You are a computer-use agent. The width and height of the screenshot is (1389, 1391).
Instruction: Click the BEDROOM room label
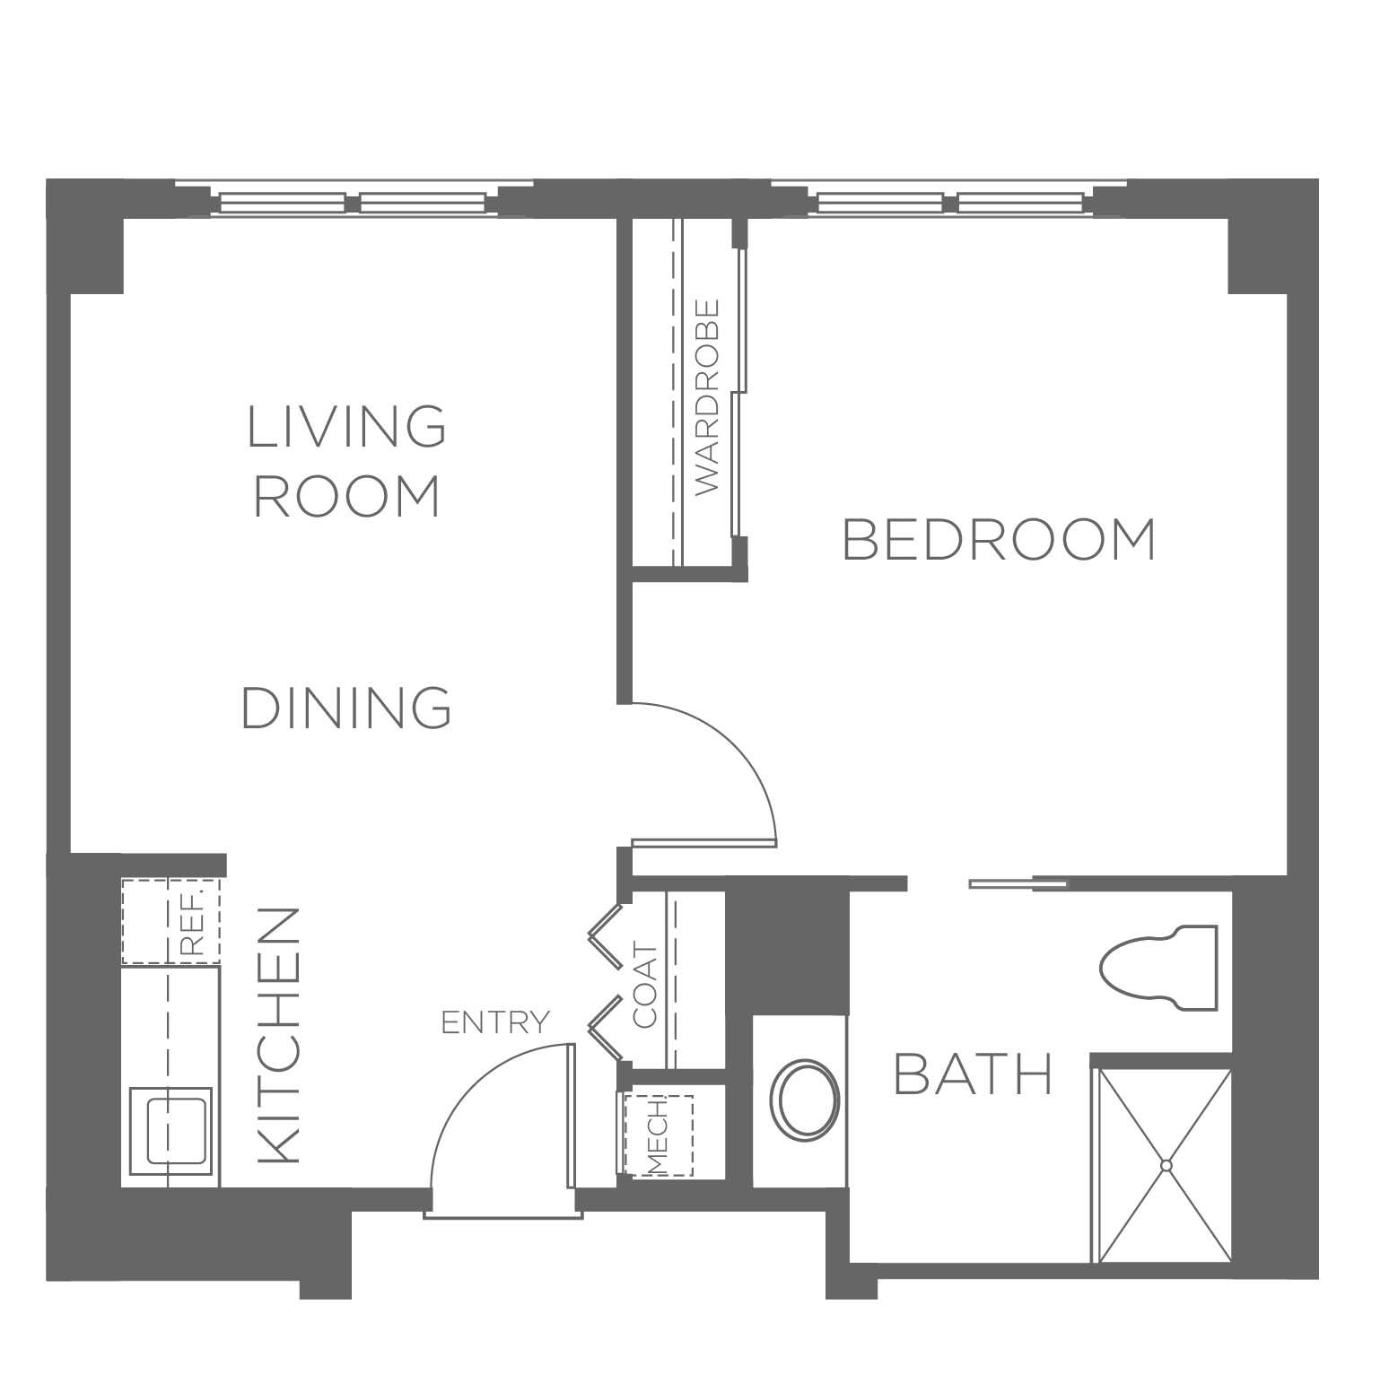1000,539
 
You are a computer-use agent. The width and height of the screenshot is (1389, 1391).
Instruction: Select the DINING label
346,708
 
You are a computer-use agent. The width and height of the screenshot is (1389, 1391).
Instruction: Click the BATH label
973,1074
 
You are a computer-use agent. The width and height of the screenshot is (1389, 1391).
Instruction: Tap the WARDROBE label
708,396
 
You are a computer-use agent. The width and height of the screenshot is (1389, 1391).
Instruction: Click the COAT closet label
646,985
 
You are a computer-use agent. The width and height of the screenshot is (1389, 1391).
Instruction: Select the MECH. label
658,1135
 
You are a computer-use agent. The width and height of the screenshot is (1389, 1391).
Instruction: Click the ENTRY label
494,1022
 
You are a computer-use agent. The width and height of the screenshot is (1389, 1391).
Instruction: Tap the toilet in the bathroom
1158,968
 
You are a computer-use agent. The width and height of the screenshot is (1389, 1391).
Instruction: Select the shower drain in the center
1166,1165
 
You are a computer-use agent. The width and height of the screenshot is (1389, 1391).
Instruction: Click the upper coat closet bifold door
606,936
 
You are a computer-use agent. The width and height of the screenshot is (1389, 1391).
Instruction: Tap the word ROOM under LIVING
346,496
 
